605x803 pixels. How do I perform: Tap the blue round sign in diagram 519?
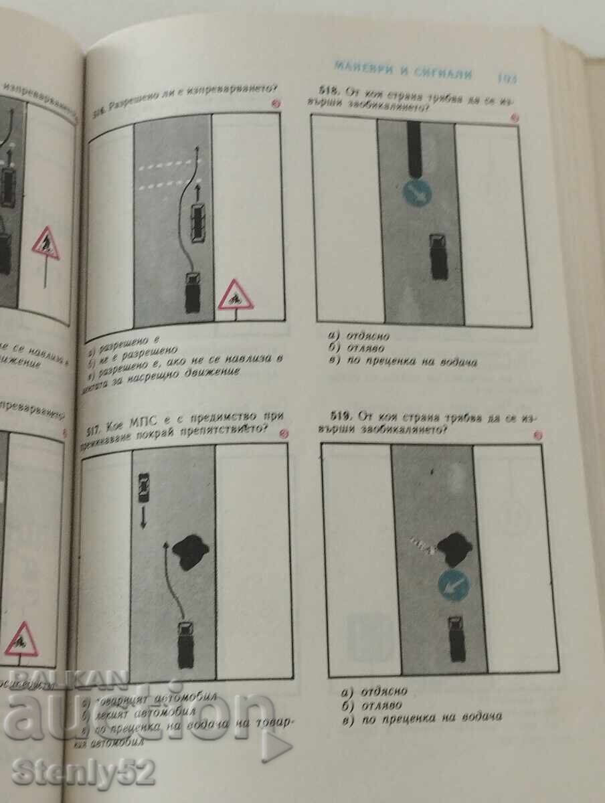[x=453, y=585]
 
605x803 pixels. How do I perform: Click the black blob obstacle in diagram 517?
[x=189, y=551]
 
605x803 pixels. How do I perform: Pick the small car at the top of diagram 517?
[x=142, y=488]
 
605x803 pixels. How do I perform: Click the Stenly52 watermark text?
[x=84, y=773]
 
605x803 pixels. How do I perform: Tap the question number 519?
[x=343, y=415]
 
